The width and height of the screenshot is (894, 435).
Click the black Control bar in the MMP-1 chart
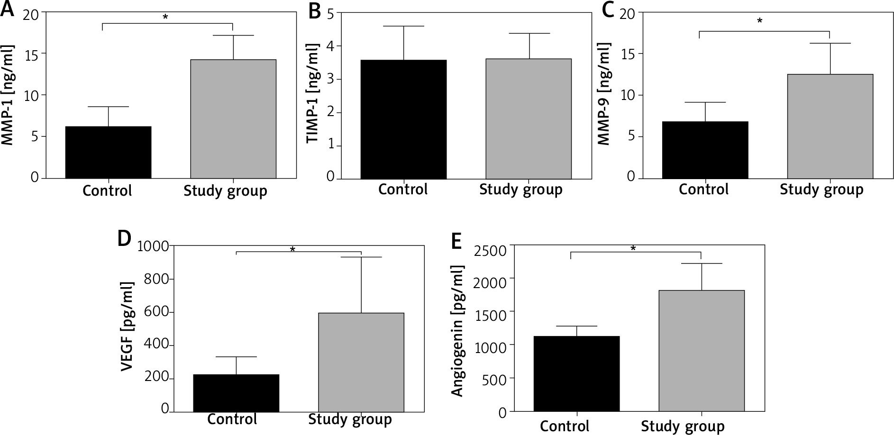(x=108, y=152)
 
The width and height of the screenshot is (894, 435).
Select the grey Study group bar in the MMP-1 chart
(x=233, y=119)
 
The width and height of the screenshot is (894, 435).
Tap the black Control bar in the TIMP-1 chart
(x=403, y=119)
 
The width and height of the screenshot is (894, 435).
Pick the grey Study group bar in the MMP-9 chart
(x=830, y=126)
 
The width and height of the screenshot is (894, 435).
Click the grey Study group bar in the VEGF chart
(x=361, y=362)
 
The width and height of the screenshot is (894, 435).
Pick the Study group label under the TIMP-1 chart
(x=520, y=190)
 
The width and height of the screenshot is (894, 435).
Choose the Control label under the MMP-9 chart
(x=703, y=190)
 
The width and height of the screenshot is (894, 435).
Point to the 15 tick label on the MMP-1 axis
(x=32, y=54)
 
